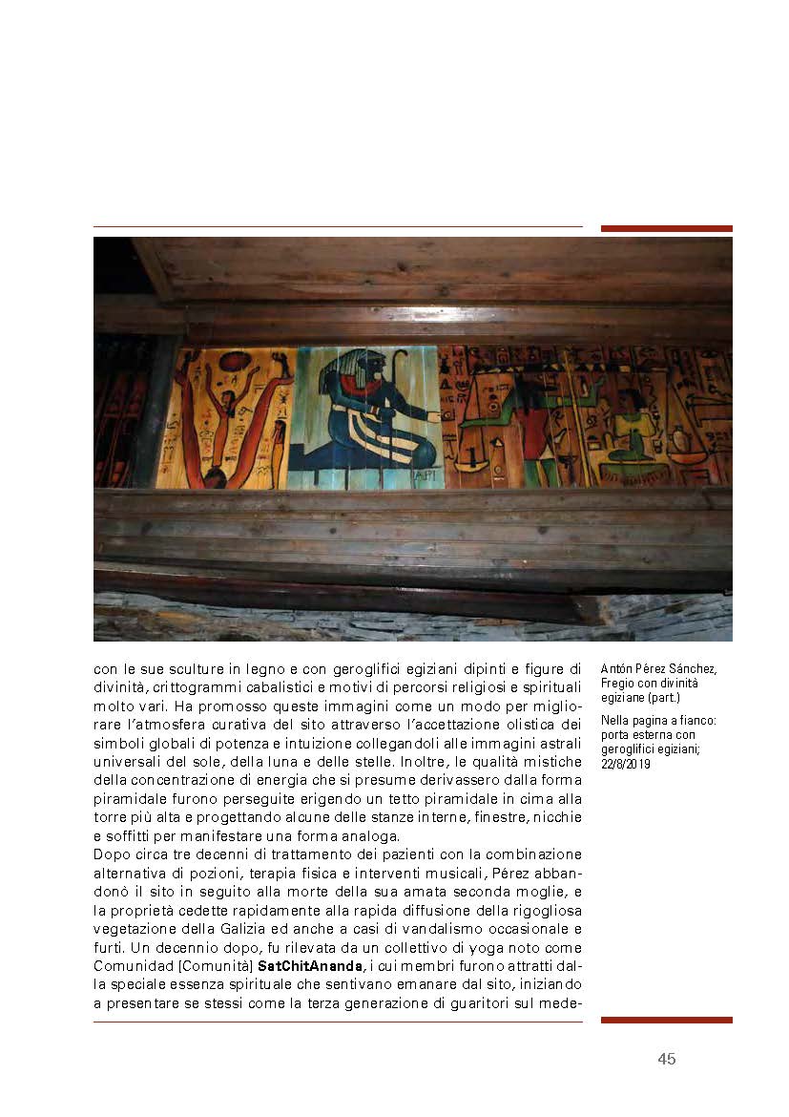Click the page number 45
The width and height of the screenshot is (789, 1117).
pyautogui.click(x=666, y=1059)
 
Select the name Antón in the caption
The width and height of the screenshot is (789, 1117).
pyautogui.click(x=617, y=669)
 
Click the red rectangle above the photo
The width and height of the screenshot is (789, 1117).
pyautogui.click(x=666, y=229)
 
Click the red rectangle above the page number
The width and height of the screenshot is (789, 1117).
pyautogui.click(x=666, y=1021)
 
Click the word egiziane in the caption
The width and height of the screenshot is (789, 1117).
pyautogui.click(x=627, y=697)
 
